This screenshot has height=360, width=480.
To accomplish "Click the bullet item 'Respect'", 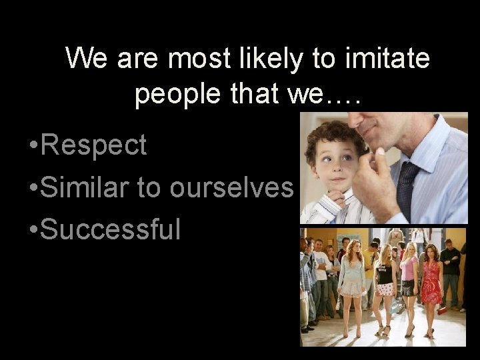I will [93, 145].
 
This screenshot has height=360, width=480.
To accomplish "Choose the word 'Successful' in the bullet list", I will [110, 229].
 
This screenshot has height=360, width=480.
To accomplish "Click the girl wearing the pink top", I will [408, 280].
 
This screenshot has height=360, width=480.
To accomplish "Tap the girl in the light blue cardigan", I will [351, 280].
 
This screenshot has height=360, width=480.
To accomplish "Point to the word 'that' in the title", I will [259, 94].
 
